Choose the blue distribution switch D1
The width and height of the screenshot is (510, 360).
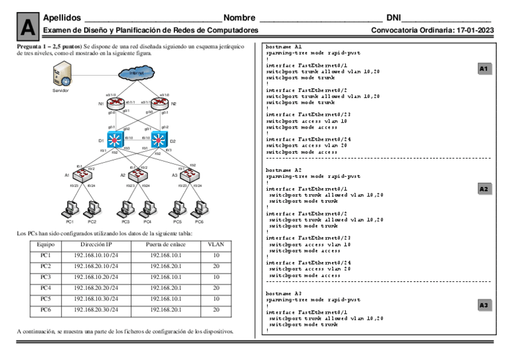pos(111,140)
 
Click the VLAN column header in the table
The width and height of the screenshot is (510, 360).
pos(215,245)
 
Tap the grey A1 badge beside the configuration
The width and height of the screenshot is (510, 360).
pos(484,69)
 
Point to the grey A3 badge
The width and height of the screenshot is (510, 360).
pos(484,305)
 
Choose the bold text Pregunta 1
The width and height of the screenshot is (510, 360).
pos(30,47)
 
